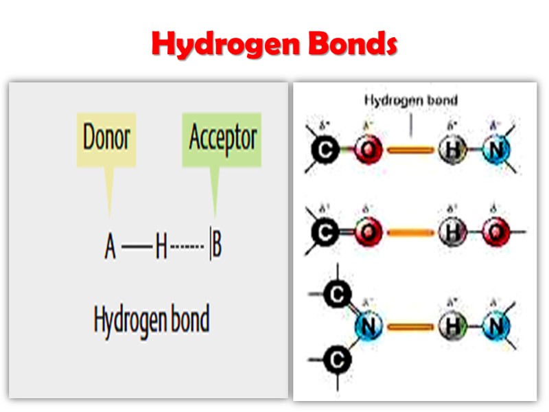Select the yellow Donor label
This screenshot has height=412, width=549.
106,138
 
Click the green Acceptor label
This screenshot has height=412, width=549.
222,138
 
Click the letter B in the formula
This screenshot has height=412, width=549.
217,247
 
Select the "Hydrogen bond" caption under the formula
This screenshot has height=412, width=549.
151,320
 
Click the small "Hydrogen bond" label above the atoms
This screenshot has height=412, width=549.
410,100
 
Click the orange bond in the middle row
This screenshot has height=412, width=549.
410,233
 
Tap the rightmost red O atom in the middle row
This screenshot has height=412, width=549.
495,233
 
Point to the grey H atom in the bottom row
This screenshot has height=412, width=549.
452,327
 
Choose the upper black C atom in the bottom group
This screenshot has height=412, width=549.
336,295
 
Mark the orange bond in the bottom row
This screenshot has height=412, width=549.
410,327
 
